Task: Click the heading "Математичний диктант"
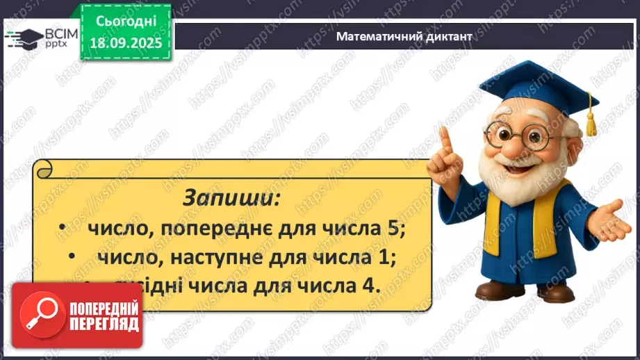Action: [x=404, y=37]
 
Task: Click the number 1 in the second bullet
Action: [x=390, y=256]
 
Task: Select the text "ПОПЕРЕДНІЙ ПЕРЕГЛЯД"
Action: [x=104, y=316]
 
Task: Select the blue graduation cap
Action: [x=532, y=83]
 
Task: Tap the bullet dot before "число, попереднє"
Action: [x=62, y=229]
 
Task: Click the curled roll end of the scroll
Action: [x=43, y=169]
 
